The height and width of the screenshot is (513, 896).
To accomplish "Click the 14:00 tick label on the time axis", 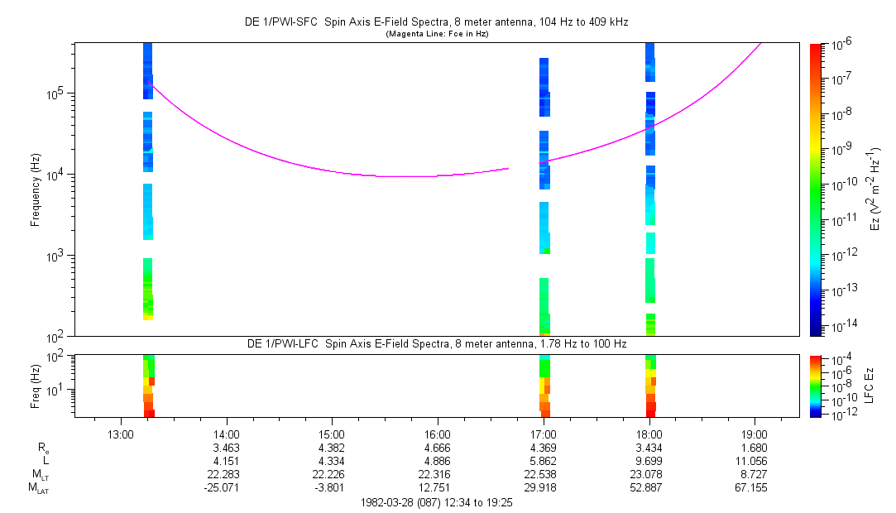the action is tap(227, 434).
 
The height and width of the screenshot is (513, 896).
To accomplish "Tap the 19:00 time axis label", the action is tap(754, 434).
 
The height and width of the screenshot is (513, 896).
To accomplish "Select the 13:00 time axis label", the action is tap(121, 434).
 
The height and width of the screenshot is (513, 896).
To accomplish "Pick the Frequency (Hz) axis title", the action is tap(36, 189).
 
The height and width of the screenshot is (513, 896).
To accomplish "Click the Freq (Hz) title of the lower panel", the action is tap(36, 386).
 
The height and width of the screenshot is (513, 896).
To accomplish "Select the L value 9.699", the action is tap(649, 461).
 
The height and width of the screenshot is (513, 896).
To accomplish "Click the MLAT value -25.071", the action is tap(223, 488).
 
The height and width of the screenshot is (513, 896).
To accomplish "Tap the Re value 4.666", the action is tap(438, 448).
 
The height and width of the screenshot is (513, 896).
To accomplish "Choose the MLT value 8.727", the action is tap(755, 475).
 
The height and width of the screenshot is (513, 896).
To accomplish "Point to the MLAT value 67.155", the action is tap(751, 488).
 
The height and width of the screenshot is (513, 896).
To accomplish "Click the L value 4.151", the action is tap(227, 461).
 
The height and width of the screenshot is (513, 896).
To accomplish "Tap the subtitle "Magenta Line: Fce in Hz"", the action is tap(437, 34).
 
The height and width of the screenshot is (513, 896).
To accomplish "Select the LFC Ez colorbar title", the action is tap(870, 386).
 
